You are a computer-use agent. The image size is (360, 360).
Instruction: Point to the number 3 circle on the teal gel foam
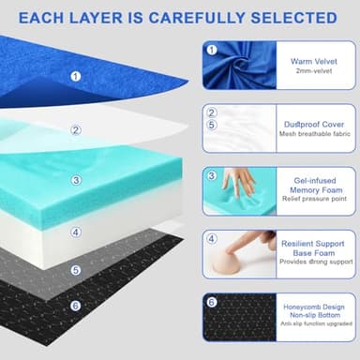coord(76,180)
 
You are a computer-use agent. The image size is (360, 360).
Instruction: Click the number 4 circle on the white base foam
coord(76,232)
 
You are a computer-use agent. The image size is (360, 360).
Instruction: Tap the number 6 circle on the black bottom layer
coord(76,305)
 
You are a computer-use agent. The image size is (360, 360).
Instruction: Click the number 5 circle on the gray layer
coord(76,269)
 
